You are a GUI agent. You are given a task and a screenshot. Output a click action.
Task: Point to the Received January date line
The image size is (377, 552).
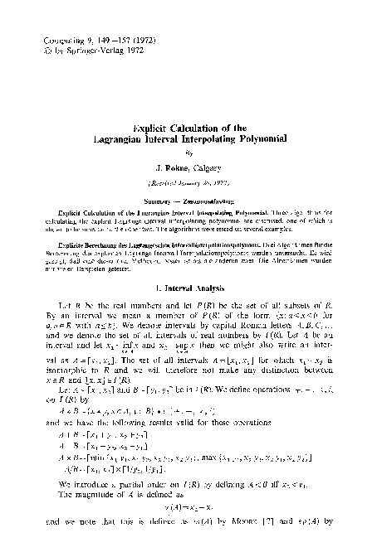(188, 188)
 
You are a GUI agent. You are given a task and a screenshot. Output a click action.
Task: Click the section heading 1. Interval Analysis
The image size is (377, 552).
(188, 288)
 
